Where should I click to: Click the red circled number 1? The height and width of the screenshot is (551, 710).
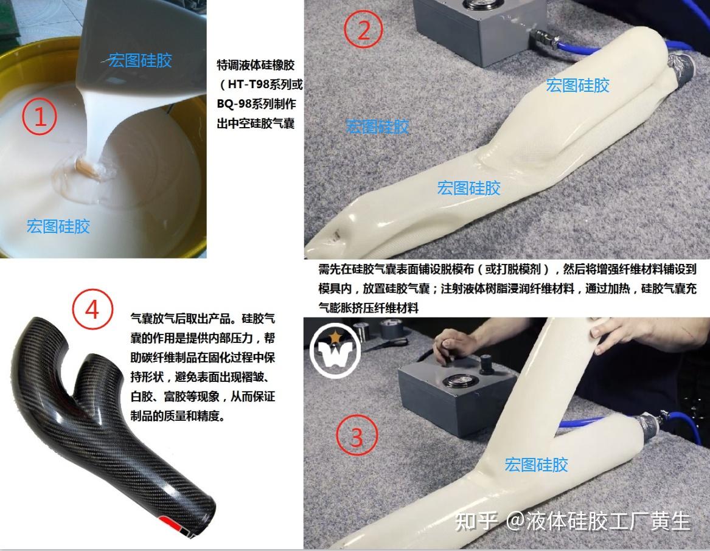40,116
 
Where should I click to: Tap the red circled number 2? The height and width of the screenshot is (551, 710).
364,29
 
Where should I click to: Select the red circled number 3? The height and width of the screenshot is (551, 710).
357,436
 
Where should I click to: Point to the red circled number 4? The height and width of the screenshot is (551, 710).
92,310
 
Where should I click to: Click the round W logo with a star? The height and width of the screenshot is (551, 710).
335,350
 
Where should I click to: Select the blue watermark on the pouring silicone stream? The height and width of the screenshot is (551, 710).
141,60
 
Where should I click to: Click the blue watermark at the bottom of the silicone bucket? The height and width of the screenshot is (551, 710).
58,226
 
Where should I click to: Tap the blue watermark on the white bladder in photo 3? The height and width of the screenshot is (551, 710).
536,465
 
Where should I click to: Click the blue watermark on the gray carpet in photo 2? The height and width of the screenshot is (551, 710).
377,126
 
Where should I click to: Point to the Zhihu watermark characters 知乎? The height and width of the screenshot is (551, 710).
476,522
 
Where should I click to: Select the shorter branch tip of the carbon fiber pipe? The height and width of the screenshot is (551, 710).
96,362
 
